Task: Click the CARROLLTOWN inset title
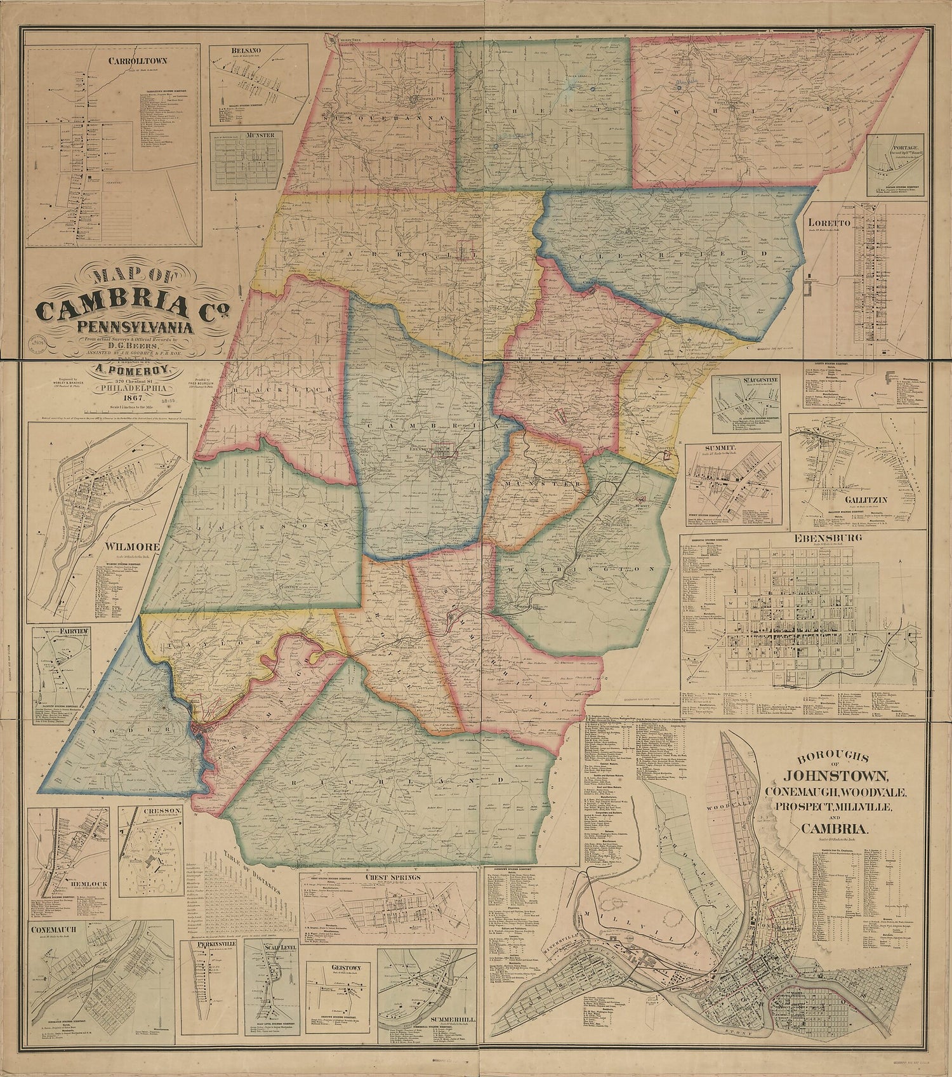pyautogui.click(x=115, y=62)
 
